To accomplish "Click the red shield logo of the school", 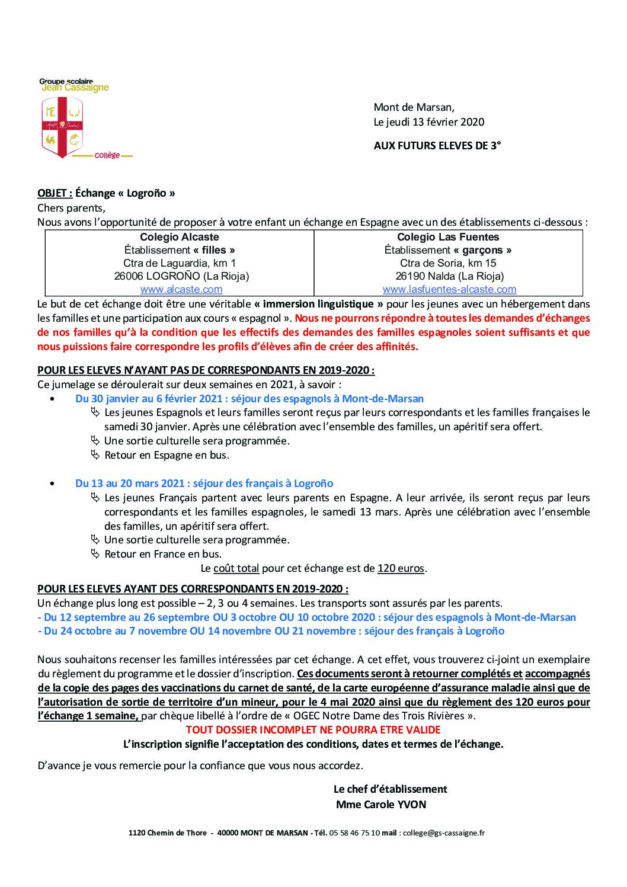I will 62,127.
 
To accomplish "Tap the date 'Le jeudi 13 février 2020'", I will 428,122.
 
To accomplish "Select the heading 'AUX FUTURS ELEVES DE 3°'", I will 437,146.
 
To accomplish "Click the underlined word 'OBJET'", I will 54,193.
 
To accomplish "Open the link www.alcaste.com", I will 181,290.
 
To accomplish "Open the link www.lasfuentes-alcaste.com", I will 449,290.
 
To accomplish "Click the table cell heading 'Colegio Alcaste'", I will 180,237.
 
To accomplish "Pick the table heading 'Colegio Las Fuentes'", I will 448,237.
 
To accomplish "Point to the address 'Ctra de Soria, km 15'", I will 448,263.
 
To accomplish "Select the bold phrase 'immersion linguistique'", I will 319,304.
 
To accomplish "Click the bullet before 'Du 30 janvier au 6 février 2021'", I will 53,399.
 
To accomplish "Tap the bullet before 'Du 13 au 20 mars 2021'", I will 53,484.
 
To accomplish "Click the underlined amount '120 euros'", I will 401,569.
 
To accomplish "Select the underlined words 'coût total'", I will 236,569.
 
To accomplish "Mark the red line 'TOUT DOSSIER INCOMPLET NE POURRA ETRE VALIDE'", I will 313,730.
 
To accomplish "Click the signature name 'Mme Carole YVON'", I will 381,805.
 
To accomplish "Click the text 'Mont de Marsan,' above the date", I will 414,108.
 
